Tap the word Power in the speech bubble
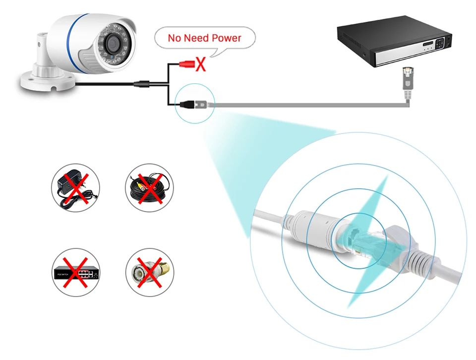[x=226, y=38]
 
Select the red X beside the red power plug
[x=200, y=64]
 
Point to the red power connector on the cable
[x=187, y=64]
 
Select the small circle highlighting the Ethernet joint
[x=194, y=104]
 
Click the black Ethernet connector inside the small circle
[x=188, y=105]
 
